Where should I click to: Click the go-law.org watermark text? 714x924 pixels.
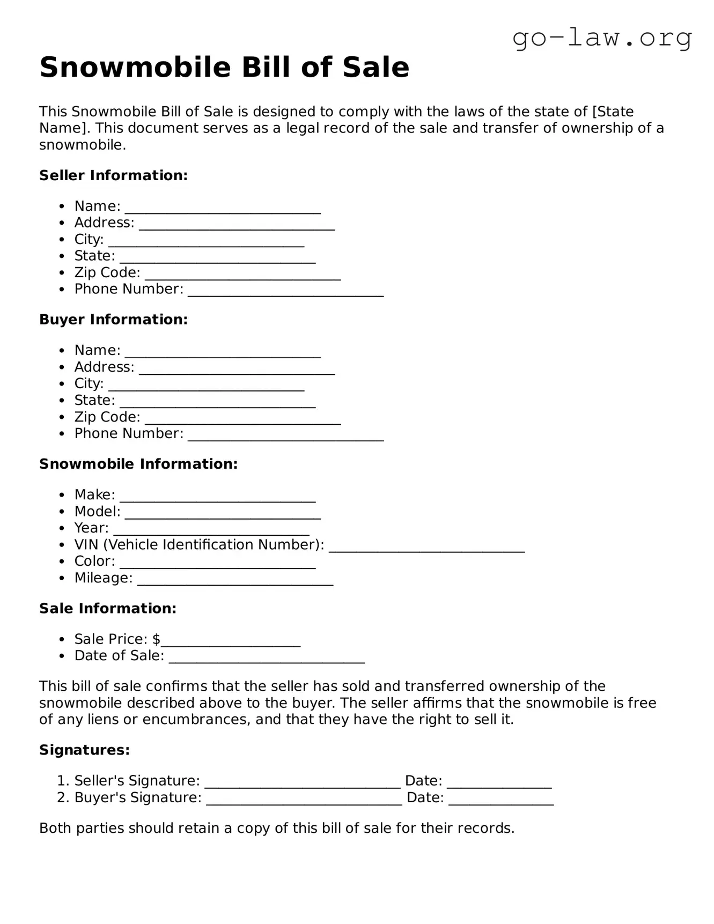[602, 38]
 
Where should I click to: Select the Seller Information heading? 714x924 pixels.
[113, 175]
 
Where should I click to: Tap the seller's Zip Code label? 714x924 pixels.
[107, 272]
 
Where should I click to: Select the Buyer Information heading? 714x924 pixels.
[113, 320]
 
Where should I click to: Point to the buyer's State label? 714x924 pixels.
[94, 400]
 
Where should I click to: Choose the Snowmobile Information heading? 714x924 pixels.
[138, 464]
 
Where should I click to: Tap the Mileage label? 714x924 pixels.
[103, 578]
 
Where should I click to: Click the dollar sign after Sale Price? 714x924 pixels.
[156, 639]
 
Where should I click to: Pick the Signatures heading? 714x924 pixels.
[84, 750]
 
